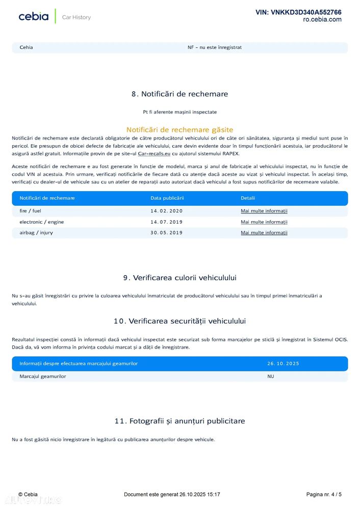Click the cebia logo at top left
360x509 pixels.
coord(34,17)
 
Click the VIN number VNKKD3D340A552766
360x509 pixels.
coord(298,12)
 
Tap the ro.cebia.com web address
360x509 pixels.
coord(322,20)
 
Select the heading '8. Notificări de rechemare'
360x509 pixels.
coord(179,94)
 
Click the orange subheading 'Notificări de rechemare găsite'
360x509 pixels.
coord(179,130)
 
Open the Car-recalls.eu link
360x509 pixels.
coord(154,153)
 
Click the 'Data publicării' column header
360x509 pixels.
coord(167,198)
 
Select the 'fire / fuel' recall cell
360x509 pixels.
coord(31,211)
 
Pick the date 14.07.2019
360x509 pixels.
coord(166,222)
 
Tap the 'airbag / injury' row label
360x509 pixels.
coord(36,233)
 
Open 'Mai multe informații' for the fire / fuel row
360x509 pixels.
coord(264,211)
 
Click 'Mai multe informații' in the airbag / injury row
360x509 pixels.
coord(264,233)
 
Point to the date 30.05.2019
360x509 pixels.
coord(166,233)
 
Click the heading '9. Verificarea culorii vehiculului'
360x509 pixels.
coord(179,278)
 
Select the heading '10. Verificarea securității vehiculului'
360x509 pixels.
coord(179,321)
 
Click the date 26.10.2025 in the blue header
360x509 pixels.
coord(283,364)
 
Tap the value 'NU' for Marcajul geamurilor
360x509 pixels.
coord(270,377)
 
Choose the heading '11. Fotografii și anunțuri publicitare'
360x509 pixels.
coord(179,421)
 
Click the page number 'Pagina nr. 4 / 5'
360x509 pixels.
coord(324,494)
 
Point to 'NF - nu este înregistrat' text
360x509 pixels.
coord(215,47)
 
